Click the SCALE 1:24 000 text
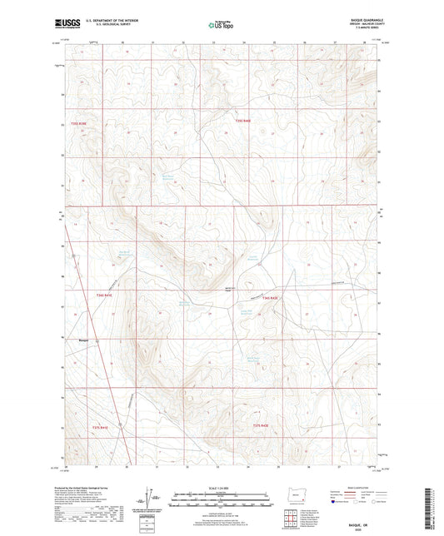click(221, 487)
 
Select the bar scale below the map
click(221, 500)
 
